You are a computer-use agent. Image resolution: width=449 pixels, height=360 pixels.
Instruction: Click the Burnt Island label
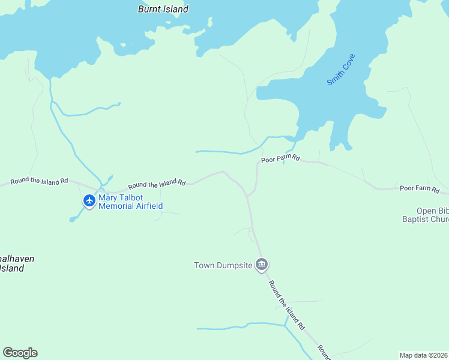163,9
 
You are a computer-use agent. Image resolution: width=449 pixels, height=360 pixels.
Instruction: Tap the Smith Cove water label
341,70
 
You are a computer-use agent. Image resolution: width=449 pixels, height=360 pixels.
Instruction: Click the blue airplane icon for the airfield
89,200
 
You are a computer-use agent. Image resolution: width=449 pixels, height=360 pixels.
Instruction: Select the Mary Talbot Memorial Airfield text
130,202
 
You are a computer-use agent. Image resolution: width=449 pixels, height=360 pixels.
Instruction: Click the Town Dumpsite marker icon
261,264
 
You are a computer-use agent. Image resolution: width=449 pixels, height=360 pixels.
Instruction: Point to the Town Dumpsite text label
223,265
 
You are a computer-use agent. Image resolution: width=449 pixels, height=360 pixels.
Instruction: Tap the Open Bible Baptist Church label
432,215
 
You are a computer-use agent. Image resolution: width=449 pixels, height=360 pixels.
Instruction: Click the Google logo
20,353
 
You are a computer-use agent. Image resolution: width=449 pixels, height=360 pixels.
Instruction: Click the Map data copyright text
423,355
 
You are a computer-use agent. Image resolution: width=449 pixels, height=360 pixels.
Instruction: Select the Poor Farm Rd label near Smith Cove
280,160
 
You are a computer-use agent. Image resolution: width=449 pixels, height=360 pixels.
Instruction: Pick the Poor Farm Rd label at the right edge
420,188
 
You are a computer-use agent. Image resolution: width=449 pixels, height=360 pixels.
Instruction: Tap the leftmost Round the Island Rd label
39,181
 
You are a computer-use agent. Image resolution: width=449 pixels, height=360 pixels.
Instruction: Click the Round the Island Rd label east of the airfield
157,182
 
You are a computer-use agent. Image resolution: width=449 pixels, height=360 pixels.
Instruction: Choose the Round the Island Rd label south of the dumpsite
286,307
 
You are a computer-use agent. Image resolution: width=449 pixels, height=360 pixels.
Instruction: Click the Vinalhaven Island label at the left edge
15,263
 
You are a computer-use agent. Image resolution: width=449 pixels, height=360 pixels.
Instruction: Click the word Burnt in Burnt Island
149,9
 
